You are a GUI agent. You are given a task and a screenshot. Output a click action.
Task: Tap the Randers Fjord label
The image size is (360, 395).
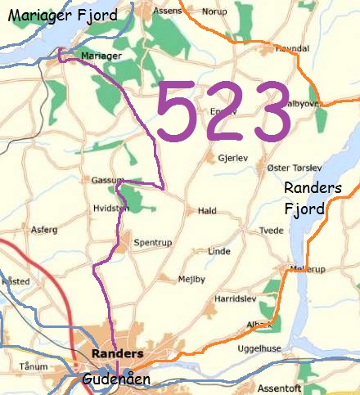coord(307,199)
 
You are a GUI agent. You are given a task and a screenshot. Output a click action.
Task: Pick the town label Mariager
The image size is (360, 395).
coord(101,56)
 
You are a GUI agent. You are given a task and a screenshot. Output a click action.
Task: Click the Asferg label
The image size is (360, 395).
coord(44,231)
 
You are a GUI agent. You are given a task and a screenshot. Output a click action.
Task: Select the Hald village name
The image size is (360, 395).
coord(207,211)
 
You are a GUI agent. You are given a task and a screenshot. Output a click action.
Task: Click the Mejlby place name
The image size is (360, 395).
coord(192,279)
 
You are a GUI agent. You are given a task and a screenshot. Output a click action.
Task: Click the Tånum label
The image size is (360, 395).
coord(34,366)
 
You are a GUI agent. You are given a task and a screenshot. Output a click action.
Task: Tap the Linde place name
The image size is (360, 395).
coord(219,251)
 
